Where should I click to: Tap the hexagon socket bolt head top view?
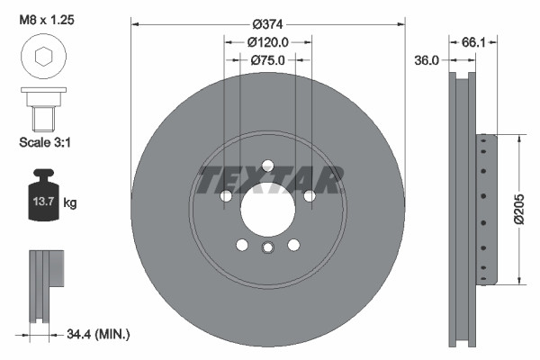tap(42, 57)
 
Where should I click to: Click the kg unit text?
tap(71, 204)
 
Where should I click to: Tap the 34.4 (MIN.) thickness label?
tap(99, 335)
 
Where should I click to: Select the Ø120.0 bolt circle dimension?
tap(267, 41)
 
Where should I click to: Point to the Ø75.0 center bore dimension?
tap(267, 60)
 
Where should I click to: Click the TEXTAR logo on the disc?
tap(267, 181)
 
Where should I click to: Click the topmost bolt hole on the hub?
tap(267, 165)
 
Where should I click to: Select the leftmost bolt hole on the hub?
tap(227, 195)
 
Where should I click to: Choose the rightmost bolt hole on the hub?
tap(309, 195)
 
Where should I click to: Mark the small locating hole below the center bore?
tap(267, 249)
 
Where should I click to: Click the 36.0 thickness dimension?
tap(426, 60)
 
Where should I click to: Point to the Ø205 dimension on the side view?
tap(518, 210)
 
